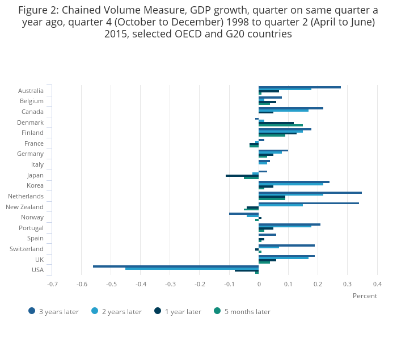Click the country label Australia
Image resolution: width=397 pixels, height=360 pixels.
click(31, 91)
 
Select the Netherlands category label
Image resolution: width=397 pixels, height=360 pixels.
click(26, 196)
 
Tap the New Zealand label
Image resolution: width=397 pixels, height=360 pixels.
click(24, 207)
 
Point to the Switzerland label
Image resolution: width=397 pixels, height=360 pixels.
click(27, 249)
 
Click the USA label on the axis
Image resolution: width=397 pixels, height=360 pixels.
click(37, 270)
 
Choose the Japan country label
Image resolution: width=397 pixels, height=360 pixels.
click(35, 175)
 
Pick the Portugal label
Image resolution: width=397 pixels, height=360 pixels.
click(31, 228)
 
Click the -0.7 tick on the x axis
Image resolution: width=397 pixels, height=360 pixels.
click(52, 283)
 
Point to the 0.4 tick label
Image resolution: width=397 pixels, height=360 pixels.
click(377, 283)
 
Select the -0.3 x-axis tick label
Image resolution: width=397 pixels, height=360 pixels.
click(170, 283)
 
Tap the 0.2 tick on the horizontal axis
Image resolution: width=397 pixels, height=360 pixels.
click(318, 283)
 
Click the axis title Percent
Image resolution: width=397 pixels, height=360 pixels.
click(365, 296)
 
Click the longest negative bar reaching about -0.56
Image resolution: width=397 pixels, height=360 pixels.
click(176, 266)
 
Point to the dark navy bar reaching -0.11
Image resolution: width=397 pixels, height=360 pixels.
click(242, 176)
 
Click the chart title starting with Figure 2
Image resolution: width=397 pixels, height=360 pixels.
click(198, 22)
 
